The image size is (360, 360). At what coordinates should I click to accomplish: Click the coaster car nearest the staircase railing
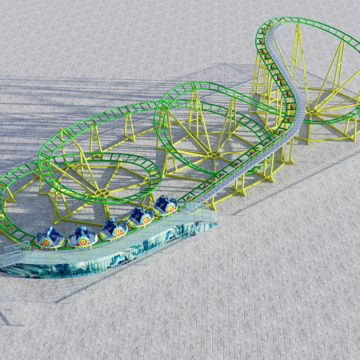coord(50,238)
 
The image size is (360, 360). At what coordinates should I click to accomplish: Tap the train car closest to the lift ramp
coord(166,206)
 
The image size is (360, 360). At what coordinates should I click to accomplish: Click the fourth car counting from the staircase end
coord(141,216)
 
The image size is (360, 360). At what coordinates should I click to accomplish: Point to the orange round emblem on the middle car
coord(118,233)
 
